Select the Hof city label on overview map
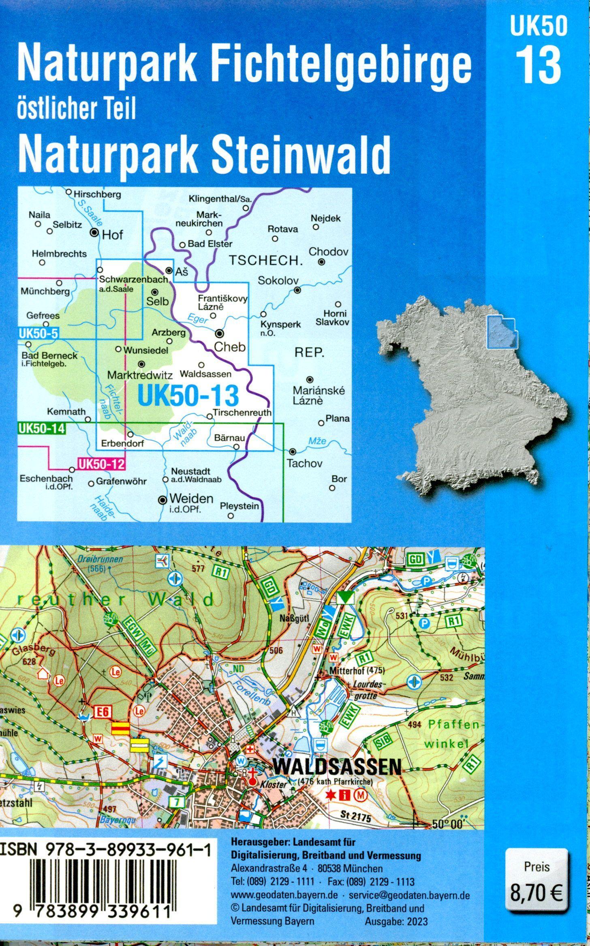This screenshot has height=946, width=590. tap(112, 235)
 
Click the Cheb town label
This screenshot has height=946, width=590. tap(230, 347)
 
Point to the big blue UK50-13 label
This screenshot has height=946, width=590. tap(188, 396)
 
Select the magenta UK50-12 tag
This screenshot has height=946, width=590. tap(100, 464)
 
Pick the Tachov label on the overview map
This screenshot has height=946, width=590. tap(304, 463)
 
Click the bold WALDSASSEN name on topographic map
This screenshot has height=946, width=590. tap(338, 766)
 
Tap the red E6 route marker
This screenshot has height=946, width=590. tap(102, 712)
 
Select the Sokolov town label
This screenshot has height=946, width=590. tap(278, 280)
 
